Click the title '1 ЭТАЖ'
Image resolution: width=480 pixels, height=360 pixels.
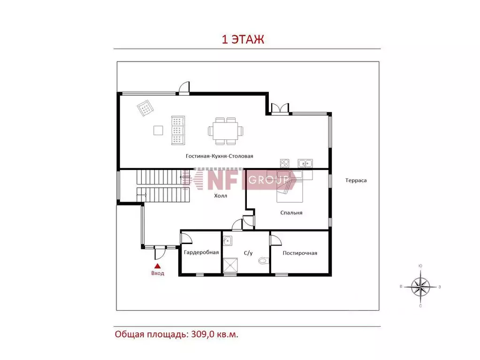point(243,39)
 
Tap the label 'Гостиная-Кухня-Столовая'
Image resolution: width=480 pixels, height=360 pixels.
point(220,156)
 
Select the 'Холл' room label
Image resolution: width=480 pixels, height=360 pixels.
point(221,196)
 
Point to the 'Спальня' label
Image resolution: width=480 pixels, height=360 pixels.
point(291,213)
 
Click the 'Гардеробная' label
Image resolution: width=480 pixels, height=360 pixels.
point(201,252)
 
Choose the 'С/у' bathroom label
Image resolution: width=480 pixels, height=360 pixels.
point(248,253)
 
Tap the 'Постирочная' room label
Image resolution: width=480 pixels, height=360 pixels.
point(300,253)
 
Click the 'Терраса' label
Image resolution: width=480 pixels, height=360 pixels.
point(356,180)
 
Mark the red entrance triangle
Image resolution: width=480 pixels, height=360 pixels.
point(157,266)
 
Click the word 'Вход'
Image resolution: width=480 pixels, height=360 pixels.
point(158,273)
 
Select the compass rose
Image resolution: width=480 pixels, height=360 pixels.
point(420,287)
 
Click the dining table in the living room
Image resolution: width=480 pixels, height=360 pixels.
point(226,131)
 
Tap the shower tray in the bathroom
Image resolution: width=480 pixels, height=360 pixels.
point(230,265)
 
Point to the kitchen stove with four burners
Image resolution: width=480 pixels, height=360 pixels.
point(284,163)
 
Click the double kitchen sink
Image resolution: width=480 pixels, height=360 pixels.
point(305,163)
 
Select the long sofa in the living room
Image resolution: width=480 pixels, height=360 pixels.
point(178,130)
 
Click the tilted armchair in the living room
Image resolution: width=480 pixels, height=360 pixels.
point(145,108)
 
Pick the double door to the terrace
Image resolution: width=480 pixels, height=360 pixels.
point(280,109)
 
